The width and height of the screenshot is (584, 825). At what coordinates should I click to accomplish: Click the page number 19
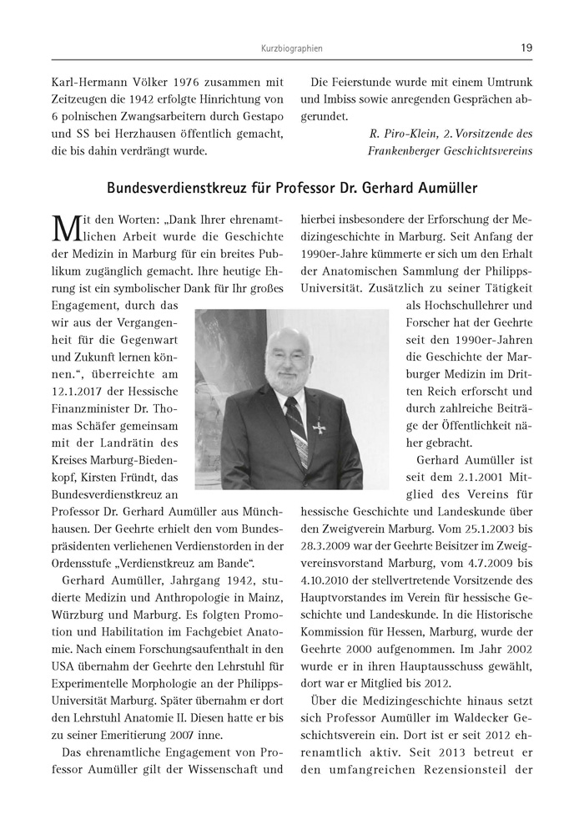click(526, 48)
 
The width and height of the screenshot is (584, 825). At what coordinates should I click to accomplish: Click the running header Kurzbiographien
click(292, 48)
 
